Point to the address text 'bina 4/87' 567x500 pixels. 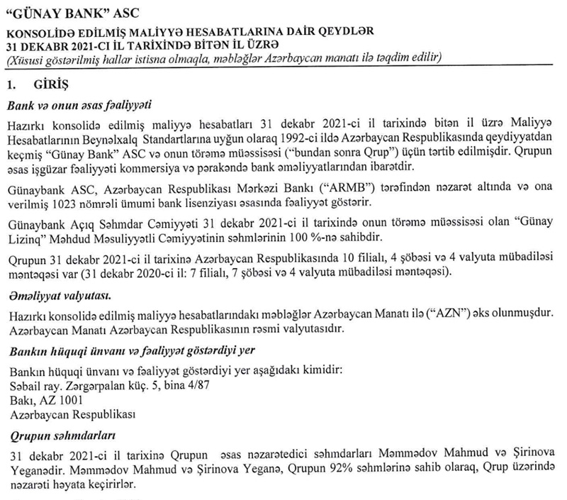192,387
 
